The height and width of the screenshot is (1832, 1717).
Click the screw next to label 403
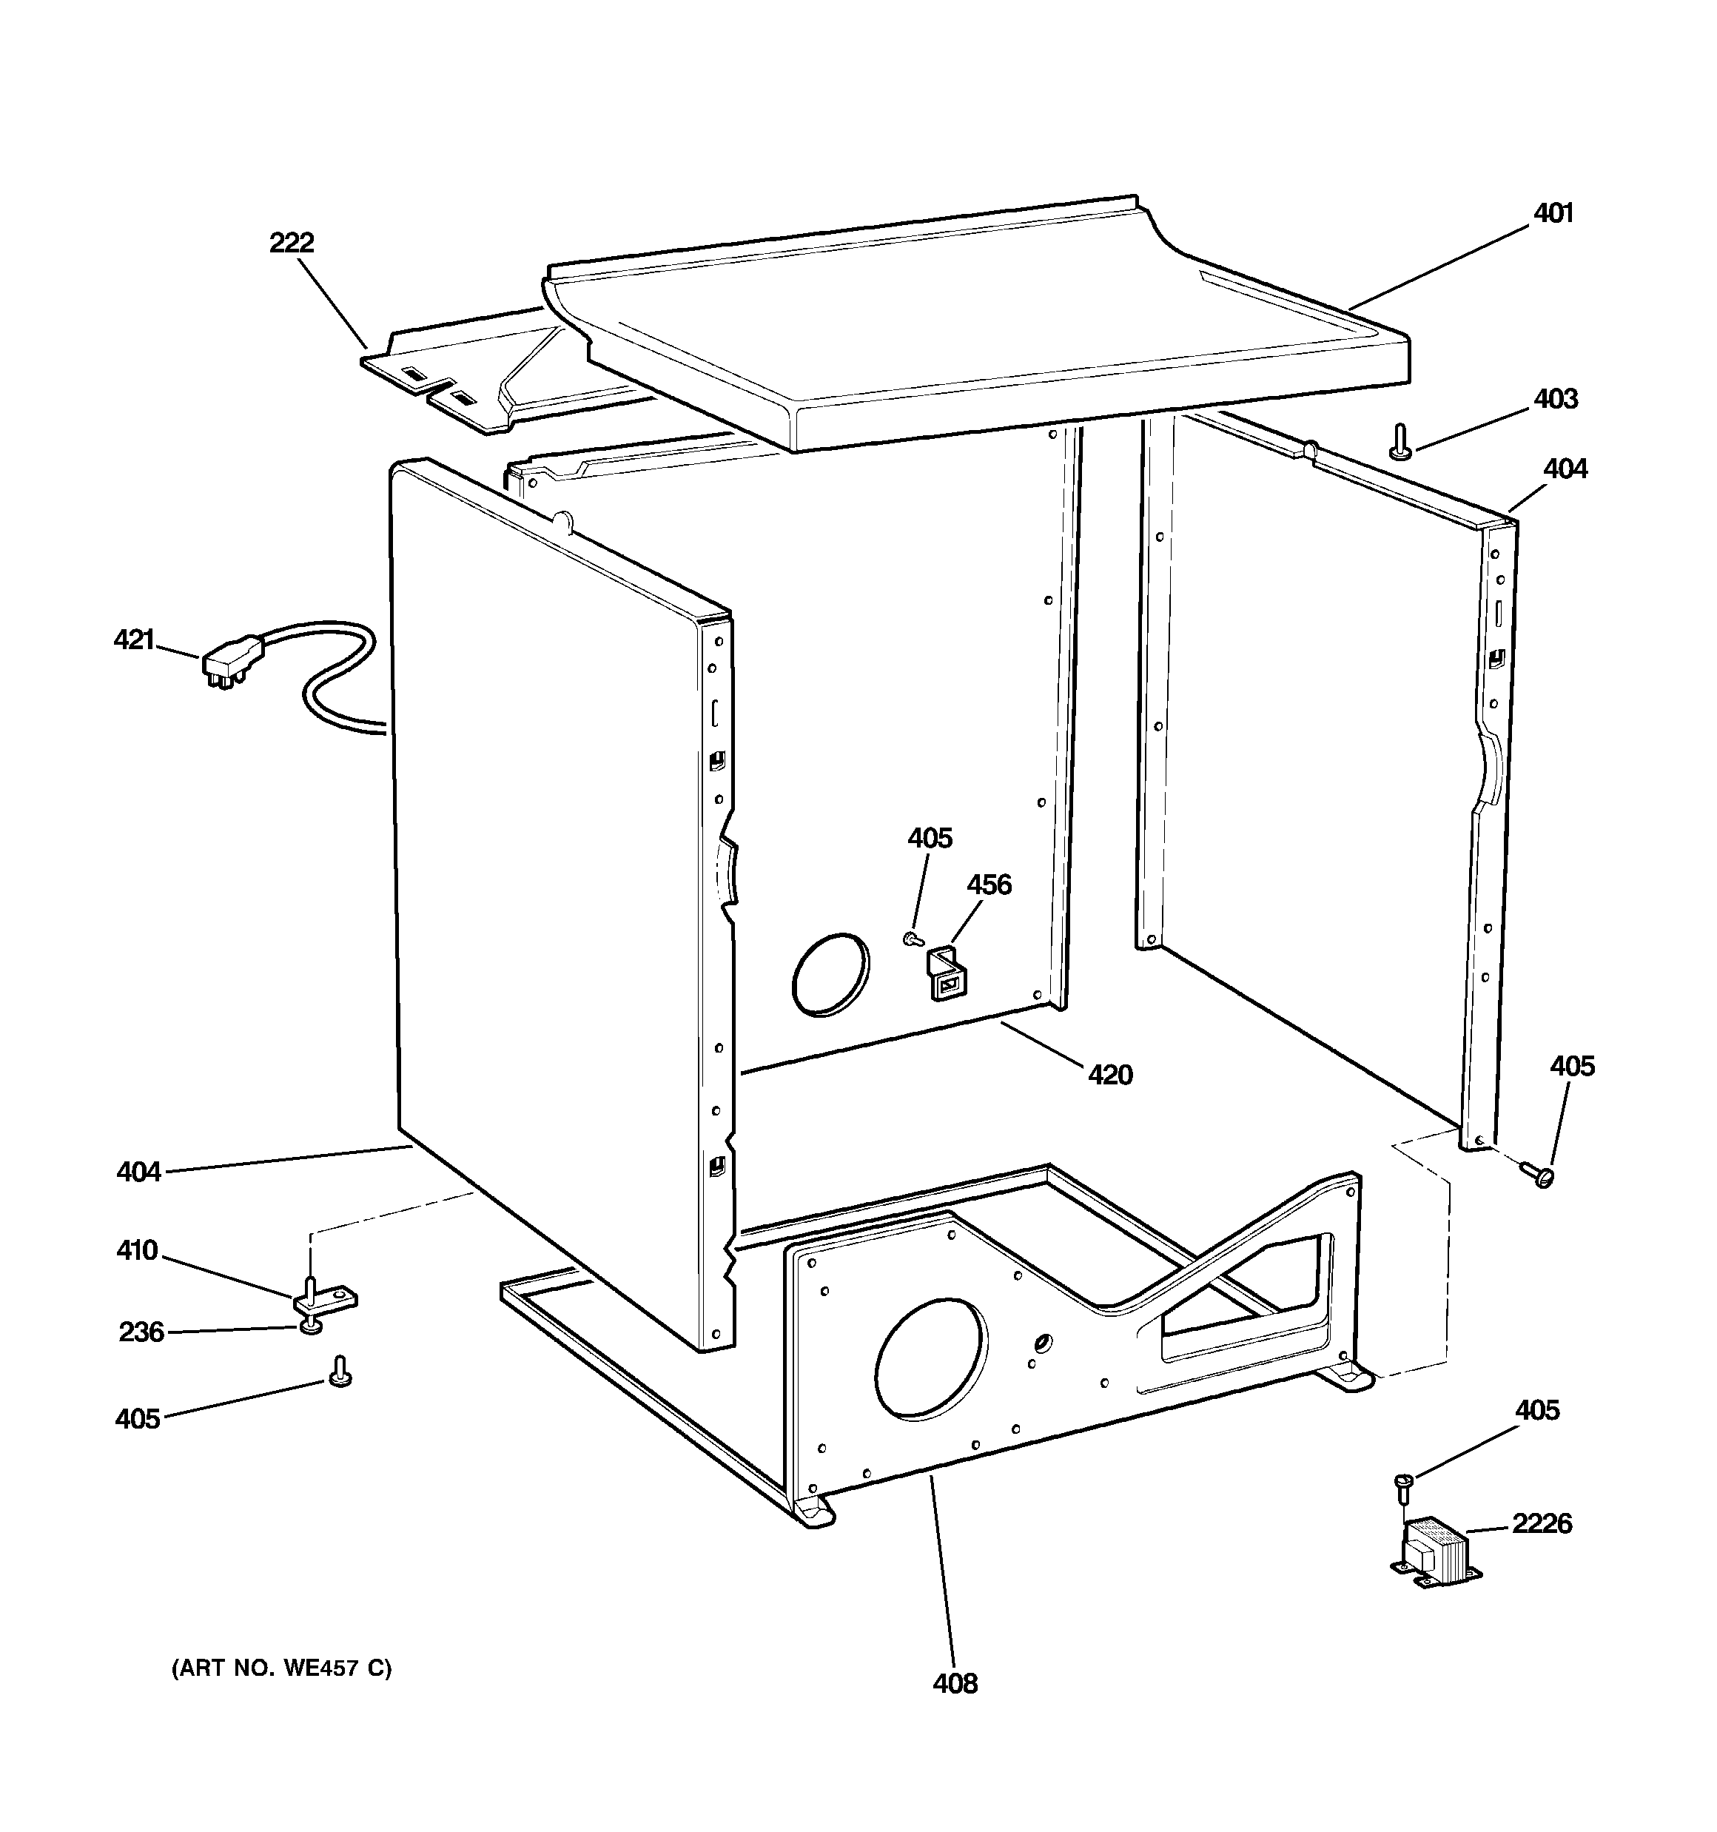(1401, 440)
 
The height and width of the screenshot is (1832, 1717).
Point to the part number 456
(989, 885)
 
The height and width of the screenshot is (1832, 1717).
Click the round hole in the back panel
(830, 974)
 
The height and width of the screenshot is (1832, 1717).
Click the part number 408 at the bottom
(955, 1684)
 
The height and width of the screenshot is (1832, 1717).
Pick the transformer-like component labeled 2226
(1434, 1558)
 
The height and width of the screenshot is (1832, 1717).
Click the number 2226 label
(1542, 1523)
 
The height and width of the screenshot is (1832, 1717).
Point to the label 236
(141, 1332)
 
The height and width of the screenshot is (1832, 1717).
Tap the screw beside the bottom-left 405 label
(340, 1372)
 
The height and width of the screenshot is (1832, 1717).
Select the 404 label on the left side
(138, 1172)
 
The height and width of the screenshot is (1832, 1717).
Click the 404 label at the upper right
(1565, 469)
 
